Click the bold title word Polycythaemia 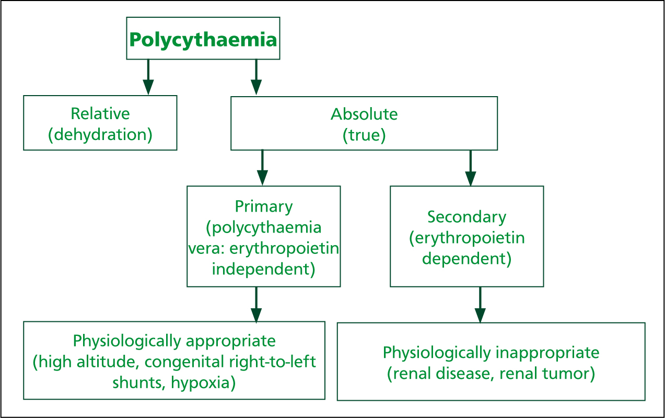pos(203,40)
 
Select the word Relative pos(100,113)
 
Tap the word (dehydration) pos(100,135)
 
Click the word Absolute pos(364,114)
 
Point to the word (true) pos(364,135)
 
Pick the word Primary pos(264,206)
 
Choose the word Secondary pos(466,217)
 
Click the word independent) pos(264,269)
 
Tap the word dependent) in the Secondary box pos(466,259)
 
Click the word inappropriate pos(547,353)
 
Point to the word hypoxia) pos(203,382)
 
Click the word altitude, pos(108,362)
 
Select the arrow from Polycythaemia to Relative pos(148,77)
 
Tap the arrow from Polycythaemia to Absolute pos(256,77)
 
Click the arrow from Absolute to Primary pos(262,168)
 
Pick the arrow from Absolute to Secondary pos(471,168)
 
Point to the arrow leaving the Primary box pos(256,305)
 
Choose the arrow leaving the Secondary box pos(480,305)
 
